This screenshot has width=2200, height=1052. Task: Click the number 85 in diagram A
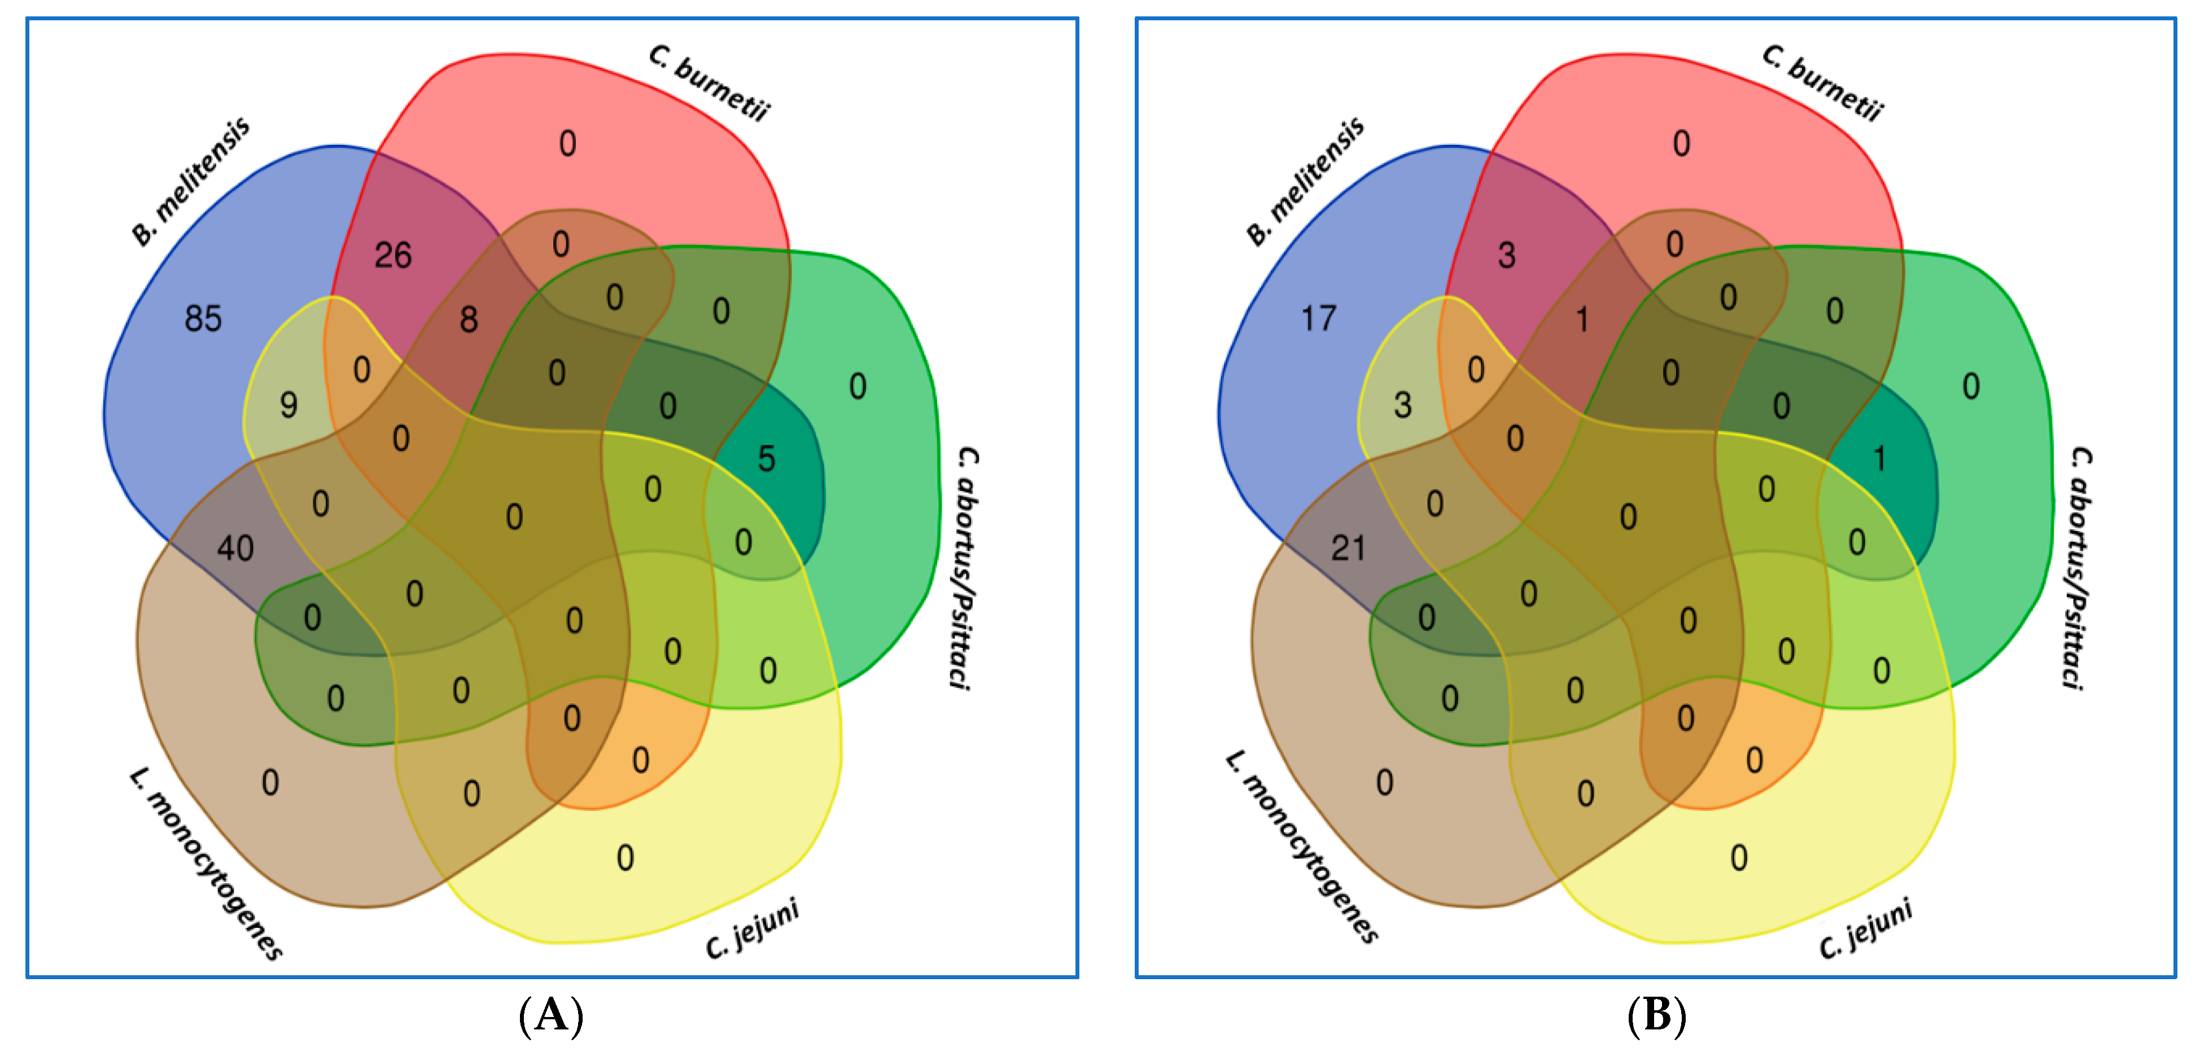coord(203,318)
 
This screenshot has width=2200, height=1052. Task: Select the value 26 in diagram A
coord(393,255)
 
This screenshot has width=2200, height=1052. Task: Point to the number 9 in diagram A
coord(288,405)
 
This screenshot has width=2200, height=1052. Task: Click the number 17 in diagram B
coord(1318,318)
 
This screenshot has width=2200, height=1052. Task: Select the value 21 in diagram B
coord(1348,547)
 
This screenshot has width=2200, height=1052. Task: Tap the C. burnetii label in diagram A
coord(709,84)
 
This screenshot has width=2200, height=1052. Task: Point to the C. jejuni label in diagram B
coord(1865,929)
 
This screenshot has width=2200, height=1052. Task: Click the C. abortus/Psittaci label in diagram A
coord(965,568)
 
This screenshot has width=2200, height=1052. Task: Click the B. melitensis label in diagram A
coord(190,182)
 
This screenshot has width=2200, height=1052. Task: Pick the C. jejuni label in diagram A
coord(751,929)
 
